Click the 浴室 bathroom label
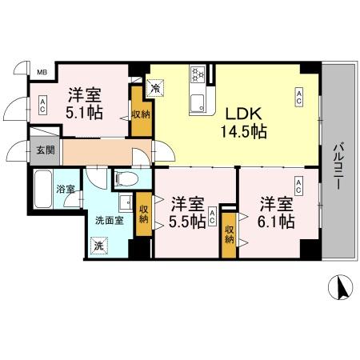point(65,190)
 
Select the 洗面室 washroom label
point(107,219)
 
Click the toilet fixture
point(126,178)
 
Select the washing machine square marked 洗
point(98,245)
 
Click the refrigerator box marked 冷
point(156,83)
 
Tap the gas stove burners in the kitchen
point(198,76)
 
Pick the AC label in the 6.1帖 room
point(298,187)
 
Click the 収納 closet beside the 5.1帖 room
point(141,115)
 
